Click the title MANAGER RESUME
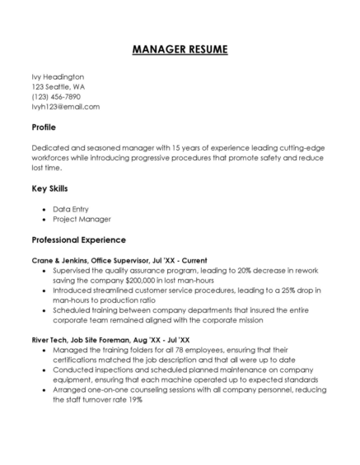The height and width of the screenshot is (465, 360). click(180, 49)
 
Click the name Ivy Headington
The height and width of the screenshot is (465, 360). click(58, 77)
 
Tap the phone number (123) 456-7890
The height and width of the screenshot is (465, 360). click(56, 96)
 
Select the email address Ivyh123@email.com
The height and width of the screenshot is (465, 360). click(65, 106)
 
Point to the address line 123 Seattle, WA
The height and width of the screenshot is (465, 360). click(58, 86)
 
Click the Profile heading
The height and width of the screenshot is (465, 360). click(44, 128)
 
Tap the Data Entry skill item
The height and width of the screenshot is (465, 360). click(71, 209)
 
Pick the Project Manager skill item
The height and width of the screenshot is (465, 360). click(82, 219)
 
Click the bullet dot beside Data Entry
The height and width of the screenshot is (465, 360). click(44, 210)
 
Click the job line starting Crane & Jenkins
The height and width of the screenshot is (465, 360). click(119, 260)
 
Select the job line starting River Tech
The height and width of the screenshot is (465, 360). click(110, 339)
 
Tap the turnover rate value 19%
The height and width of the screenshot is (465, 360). click(135, 399)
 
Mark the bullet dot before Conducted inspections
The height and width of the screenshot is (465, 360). click(44, 370)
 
